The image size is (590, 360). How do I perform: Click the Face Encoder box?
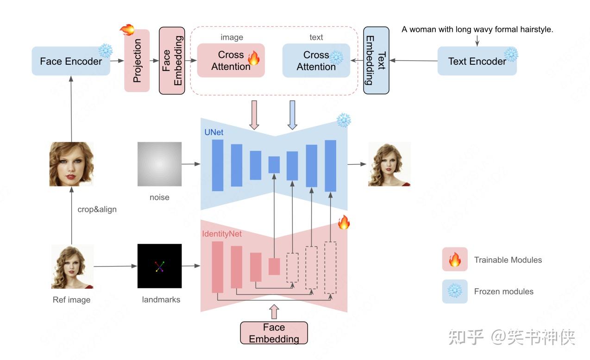[x=71, y=61]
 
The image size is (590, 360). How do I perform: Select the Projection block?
[x=137, y=61]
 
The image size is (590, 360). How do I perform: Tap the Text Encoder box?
[x=477, y=61]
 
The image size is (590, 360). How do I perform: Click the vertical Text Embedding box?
[x=376, y=61]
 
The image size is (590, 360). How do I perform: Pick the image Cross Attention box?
[x=231, y=61]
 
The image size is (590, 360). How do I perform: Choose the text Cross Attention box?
[x=316, y=61]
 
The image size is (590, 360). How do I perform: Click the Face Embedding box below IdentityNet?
[x=274, y=333]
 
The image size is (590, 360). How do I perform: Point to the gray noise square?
[x=159, y=164]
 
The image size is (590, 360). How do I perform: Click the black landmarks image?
[x=159, y=266]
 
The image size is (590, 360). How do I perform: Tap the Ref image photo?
[x=72, y=267]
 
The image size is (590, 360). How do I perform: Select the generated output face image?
[x=389, y=164]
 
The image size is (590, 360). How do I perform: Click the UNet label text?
[x=213, y=132]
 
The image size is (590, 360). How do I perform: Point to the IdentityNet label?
[x=222, y=234]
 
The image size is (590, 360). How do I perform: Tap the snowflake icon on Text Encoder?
[x=511, y=55]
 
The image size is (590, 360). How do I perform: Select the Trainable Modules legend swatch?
[x=455, y=260]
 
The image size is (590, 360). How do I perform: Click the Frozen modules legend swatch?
[x=455, y=292]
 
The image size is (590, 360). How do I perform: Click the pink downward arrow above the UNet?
[x=254, y=115]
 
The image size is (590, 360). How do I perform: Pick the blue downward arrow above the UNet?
[x=292, y=115]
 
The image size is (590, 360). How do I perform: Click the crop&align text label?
[x=97, y=209]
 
